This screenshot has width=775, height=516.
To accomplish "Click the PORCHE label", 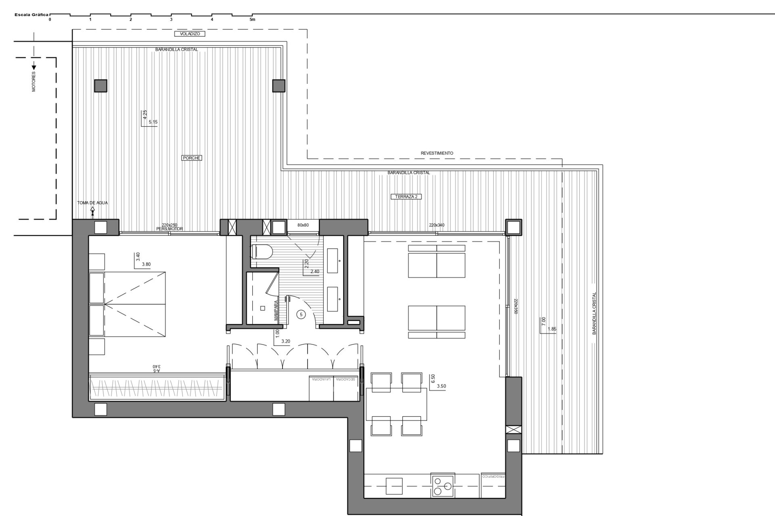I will [x=191, y=158].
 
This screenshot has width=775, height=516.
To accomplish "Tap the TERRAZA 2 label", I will [x=406, y=197].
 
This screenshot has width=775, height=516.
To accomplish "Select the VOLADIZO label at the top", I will [x=190, y=34].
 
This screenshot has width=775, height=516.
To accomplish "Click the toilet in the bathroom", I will [x=262, y=252].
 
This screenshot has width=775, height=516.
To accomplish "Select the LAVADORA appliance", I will [x=321, y=389].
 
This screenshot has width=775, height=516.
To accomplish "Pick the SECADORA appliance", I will [x=346, y=389].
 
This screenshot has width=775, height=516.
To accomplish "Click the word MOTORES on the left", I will [x=34, y=82].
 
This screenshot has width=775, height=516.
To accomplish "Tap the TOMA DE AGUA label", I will [x=92, y=203].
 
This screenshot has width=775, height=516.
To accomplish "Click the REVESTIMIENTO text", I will [x=437, y=153].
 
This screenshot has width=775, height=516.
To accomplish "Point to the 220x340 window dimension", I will [x=436, y=225].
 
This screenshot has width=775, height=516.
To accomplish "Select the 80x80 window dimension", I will [x=303, y=225].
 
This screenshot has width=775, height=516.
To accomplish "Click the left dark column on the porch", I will [x=101, y=86].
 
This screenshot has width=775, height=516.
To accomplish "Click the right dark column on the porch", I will [x=279, y=86].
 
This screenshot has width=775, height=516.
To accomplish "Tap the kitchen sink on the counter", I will [x=394, y=486].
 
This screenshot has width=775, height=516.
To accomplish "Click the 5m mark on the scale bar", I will [x=252, y=19].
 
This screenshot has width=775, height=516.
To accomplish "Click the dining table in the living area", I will [x=396, y=404].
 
